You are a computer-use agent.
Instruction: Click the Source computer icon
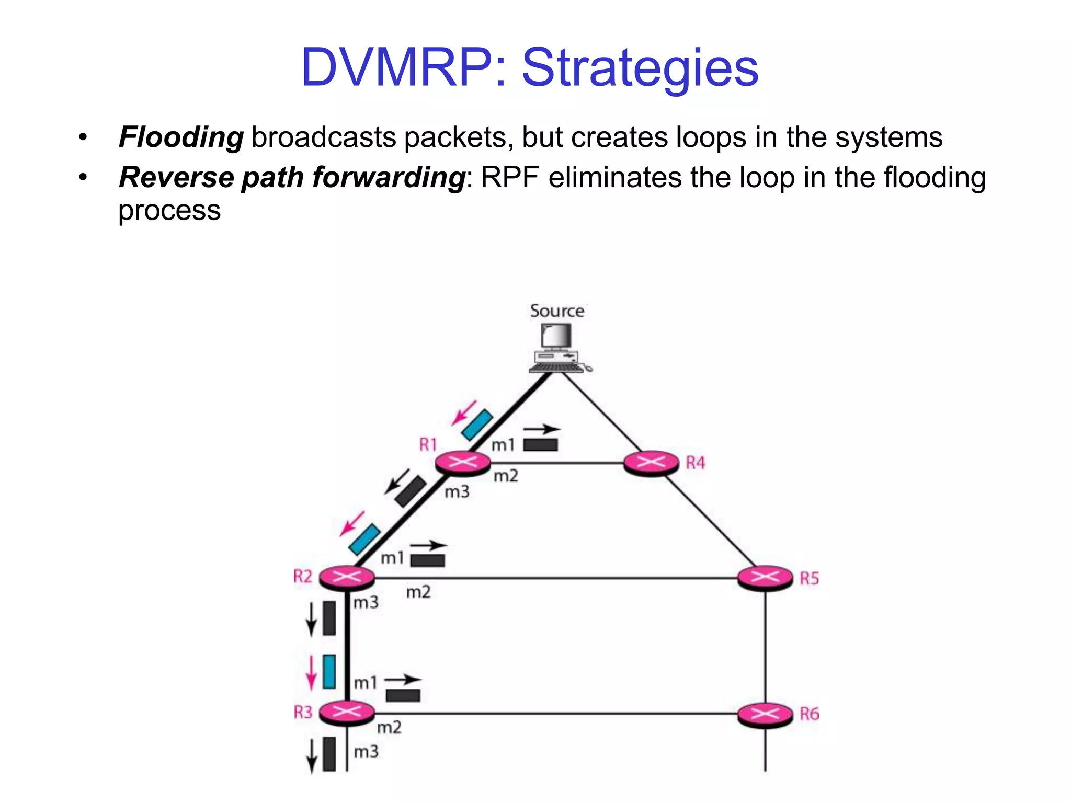pos(557,348)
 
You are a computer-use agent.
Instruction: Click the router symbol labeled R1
pos(463,462)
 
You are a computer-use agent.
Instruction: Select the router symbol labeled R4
pos(651,462)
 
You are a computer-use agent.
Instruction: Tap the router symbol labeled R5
pos(765,578)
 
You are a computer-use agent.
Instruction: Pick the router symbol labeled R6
pos(765,714)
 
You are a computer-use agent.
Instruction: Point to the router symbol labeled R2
pos(347,577)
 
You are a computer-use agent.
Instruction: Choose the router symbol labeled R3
pos(347,712)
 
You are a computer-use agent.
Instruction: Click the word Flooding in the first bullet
pos(181,137)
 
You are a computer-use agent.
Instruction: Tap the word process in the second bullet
pos(169,211)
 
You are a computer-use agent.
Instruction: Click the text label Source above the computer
pos(557,311)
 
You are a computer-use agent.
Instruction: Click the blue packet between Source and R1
pos(477,425)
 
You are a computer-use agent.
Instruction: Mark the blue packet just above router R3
pos(329,671)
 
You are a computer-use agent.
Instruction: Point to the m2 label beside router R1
pos(506,476)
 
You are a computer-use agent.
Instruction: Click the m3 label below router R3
pos(366,752)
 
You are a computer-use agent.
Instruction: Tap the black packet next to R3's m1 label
pos(403,695)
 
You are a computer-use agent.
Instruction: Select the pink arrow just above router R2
pos(351,524)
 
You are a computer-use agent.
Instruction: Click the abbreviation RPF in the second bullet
pos(509,178)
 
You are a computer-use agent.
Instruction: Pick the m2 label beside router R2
pos(418,592)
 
